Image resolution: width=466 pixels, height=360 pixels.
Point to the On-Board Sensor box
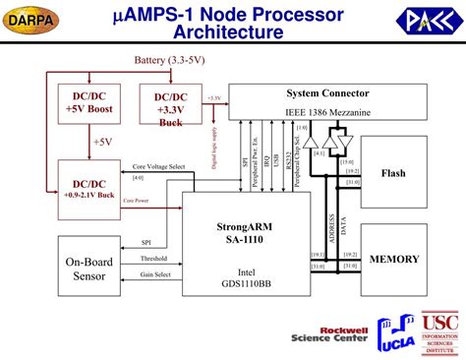pos(88,269)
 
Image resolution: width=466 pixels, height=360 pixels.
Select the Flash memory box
pos(393,173)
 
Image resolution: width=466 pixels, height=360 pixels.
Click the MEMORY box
pos(393,260)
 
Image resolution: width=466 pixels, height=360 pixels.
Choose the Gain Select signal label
pos(155,274)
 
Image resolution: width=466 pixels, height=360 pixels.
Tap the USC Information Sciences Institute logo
pos(439,333)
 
